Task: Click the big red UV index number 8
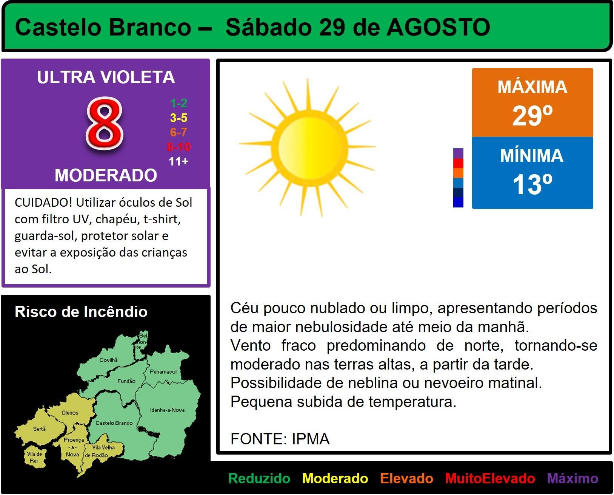[105, 124]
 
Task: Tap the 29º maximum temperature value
[532, 116]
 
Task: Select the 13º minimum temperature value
[532, 184]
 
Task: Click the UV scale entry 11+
[179, 161]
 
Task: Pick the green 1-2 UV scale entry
[179, 103]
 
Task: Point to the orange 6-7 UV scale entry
[179, 132]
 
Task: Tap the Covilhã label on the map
[108, 360]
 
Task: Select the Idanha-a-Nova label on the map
[167, 410]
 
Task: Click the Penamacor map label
[163, 371]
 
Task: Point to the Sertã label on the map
[39, 429]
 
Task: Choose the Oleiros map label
[70, 413]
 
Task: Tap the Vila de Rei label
[34, 457]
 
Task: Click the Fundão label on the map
[126, 381]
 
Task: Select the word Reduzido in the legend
[259, 478]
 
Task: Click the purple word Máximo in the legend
[572, 478]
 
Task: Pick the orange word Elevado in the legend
[406, 478]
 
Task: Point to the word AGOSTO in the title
[438, 27]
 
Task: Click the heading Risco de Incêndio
[81, 311]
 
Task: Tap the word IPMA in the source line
[311, 439]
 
